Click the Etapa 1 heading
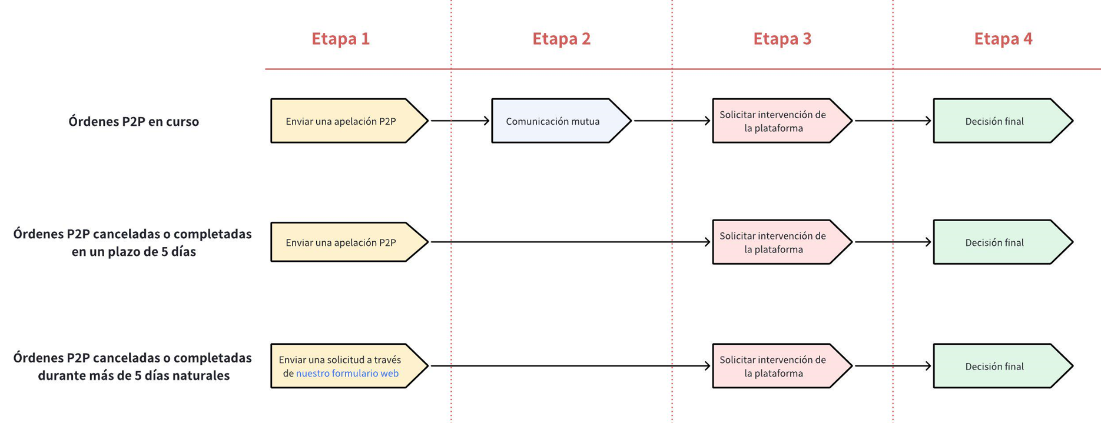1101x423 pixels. pos(340,39)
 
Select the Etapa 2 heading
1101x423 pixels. pos(561,39)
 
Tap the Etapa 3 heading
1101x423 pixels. pos(782,39)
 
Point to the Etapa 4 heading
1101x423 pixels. pos(1003,39)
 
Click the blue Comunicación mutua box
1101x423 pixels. pos(553,121)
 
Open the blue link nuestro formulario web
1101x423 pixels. pos(347,374)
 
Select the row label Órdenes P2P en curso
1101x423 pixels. pos(134,122)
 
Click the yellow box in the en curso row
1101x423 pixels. pos(341,121)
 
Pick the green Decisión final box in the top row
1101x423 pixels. pos(995,121)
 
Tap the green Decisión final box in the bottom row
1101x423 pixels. pos(995,367)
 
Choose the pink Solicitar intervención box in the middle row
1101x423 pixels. pos(774,242)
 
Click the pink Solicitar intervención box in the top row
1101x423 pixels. pos(774,121)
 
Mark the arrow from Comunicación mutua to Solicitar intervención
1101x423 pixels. pos(671,121)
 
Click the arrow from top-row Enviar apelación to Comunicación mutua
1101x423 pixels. pos(459,121)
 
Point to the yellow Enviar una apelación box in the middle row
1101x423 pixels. pos(341,242)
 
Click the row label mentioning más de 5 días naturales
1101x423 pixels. pos(133,367)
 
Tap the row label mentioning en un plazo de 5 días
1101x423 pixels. pos(133,242)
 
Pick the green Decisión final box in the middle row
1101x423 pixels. pos(995,242)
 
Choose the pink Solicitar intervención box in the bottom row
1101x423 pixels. pos(774,367)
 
